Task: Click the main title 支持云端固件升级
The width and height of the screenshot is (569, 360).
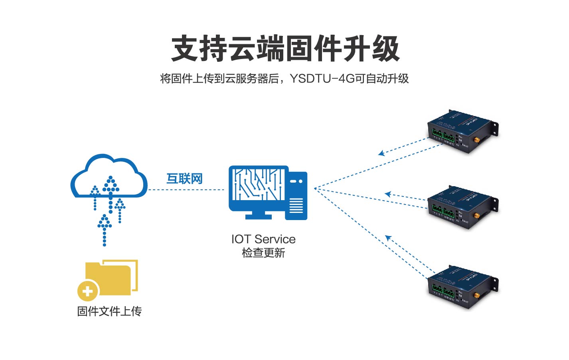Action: coord(285,49)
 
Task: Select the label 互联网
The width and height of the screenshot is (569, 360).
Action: coord(184,179)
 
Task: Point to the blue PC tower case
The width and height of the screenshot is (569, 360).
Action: coord(296,195)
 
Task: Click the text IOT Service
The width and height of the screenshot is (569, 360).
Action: coord(263,239)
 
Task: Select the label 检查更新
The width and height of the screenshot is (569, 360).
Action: coord(263,253)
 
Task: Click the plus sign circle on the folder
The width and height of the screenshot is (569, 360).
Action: coord(88,291)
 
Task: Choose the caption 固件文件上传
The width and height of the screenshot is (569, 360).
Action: coord(109,311)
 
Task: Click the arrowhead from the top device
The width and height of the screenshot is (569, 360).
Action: coord(381,153)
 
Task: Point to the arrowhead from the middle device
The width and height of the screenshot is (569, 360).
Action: coord(387,194)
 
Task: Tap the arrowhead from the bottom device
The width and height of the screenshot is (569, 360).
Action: coord(388,238)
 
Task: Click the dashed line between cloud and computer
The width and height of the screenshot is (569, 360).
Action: coord(186,189)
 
